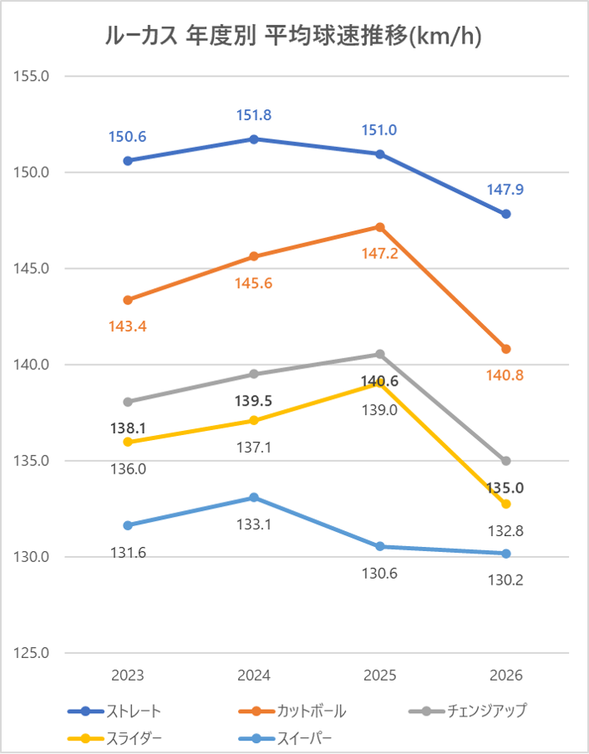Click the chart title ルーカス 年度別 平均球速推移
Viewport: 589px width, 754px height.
click(294, 36)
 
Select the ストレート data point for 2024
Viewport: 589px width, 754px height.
click(254, 139)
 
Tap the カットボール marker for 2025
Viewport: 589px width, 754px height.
click(380, 227)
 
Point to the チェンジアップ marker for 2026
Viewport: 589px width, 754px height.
click(506, 461)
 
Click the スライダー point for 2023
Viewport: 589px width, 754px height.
click(128, 442)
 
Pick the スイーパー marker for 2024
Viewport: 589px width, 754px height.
click(254, 498)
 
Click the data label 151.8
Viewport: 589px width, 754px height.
click(254, 115)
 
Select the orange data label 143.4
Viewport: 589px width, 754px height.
click(128, 326)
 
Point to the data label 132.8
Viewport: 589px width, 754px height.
click(506, 530)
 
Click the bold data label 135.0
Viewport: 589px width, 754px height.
click(506, 488)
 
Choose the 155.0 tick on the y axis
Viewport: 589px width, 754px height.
click(33, 76)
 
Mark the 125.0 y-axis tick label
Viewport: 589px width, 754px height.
click(33, 653)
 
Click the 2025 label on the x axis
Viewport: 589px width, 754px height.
click(380, 676)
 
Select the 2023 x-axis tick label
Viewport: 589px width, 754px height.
click(128, 676)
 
